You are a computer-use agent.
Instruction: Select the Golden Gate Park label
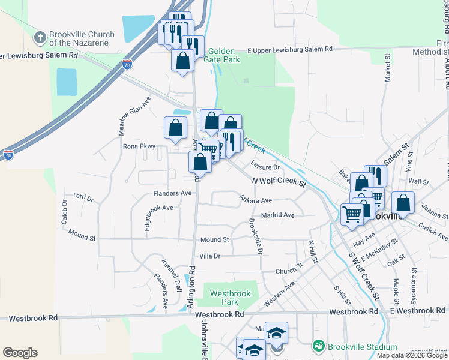225,56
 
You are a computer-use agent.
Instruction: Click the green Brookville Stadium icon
318,347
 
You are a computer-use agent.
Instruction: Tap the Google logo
20,353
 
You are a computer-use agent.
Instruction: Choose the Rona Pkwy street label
139,146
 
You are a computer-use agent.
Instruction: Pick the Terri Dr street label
83,197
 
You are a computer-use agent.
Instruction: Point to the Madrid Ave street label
277,215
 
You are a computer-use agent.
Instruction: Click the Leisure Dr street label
266,167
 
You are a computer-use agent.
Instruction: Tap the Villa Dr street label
210,256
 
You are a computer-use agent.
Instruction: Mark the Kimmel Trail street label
172,275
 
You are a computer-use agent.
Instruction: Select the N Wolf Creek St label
279,181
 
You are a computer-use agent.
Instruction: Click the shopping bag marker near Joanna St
403,204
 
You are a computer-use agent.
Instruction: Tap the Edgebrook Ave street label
158,208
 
